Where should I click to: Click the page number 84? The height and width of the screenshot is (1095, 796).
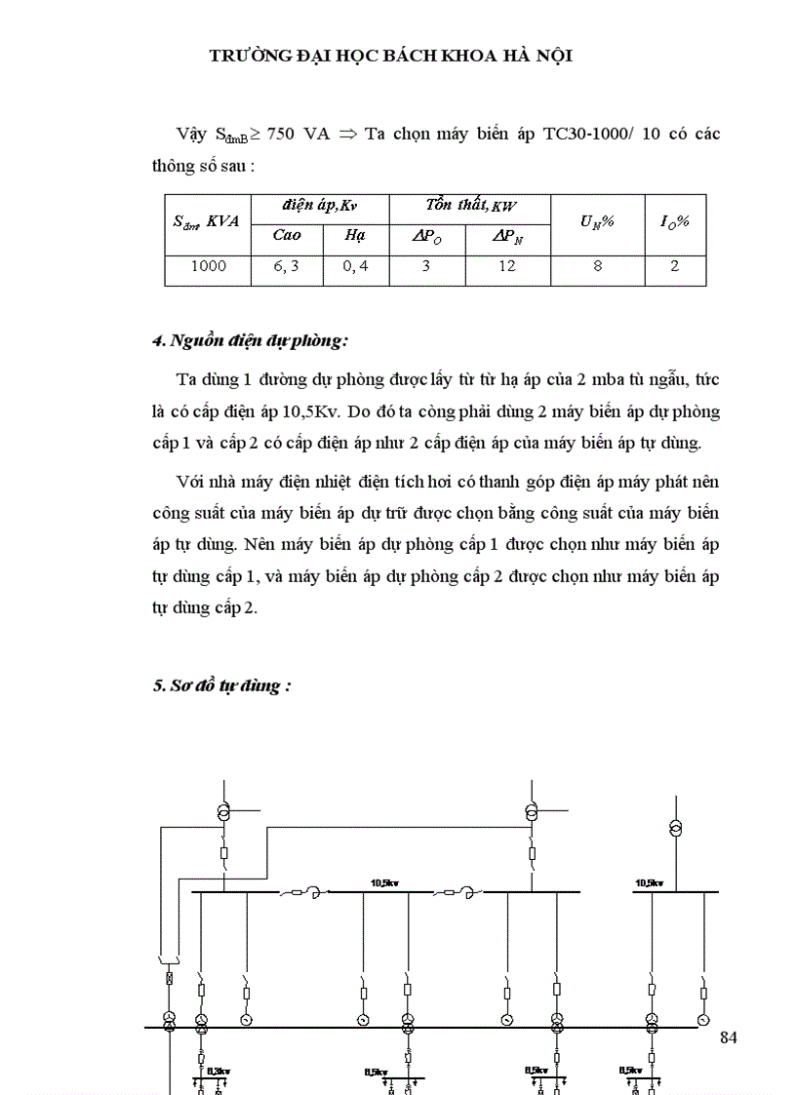[x=728, y=1036]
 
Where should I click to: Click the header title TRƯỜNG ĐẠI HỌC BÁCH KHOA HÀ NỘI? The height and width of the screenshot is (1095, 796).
[x=391, y=56]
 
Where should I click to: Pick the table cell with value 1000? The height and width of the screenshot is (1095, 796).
[x=208, y=265]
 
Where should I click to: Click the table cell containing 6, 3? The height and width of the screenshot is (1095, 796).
[x=286, y=265]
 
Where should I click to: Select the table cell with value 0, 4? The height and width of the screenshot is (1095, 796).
[x=355, y=265]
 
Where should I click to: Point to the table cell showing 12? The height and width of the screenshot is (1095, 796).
[x=506, y=265]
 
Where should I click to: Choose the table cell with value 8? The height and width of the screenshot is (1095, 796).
[x=597, y=265]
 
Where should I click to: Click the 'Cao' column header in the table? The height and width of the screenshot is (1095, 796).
[x=286, y=235]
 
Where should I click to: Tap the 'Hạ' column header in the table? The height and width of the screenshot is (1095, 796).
[x=354, y=235]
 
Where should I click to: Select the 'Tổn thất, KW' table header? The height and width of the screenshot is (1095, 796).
[x=469, y=206]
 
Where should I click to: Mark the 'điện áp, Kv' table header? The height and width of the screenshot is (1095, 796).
[x=320, y=206]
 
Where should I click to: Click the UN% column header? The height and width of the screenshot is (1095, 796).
[x=596, y=221]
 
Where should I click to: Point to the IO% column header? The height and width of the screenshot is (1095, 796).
[x=674, y=221]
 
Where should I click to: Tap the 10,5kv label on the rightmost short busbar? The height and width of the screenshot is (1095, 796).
[x=649, y=882]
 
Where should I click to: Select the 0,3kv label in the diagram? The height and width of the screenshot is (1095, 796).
[x=216, y=1070]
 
